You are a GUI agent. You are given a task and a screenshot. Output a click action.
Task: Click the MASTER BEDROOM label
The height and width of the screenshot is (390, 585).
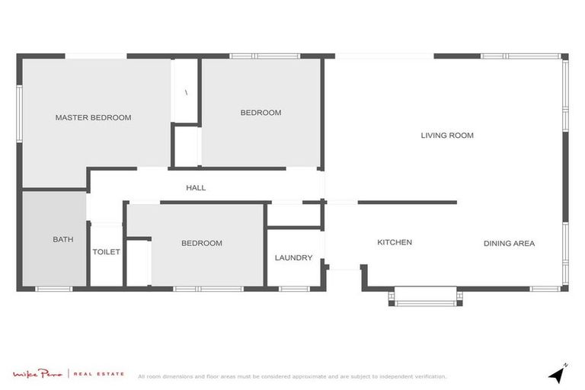coord(93,117)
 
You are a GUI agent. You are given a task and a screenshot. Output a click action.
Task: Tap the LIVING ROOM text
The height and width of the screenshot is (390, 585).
coord(447,136)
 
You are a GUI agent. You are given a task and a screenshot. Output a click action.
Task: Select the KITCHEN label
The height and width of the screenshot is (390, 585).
coord(395,242)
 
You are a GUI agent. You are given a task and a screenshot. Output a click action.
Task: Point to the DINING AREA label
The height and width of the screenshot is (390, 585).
coord(509,244)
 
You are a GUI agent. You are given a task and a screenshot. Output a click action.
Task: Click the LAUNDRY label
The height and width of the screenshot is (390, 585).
coord(293,257)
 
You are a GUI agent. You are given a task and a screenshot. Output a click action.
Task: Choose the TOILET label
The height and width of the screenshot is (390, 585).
coord(107,251)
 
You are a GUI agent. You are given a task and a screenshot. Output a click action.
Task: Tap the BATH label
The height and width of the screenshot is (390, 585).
coord(63,239)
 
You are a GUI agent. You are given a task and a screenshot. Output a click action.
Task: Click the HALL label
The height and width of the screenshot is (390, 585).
coord(196,187)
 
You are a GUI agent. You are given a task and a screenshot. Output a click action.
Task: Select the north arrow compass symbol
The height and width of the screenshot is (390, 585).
coord(558,374)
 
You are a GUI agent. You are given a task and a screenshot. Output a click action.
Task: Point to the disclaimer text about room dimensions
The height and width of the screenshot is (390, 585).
coord(292,376)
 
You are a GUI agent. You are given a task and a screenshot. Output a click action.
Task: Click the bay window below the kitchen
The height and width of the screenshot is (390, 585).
coord(425,297)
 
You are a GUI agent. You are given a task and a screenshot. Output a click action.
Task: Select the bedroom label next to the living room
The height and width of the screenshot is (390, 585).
coord(261,113)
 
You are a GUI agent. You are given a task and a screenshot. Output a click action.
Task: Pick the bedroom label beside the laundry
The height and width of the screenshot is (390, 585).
coord(202,243)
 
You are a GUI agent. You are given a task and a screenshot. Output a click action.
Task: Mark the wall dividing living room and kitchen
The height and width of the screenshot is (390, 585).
coord(407,202)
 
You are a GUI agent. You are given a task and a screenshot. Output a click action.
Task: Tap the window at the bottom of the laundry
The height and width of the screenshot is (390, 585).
coord(294,289)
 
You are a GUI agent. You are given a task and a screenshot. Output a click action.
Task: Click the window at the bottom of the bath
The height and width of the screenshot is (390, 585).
coord(54,289)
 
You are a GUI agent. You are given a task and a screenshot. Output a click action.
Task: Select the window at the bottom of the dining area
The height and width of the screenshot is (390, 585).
coord(545,289)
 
